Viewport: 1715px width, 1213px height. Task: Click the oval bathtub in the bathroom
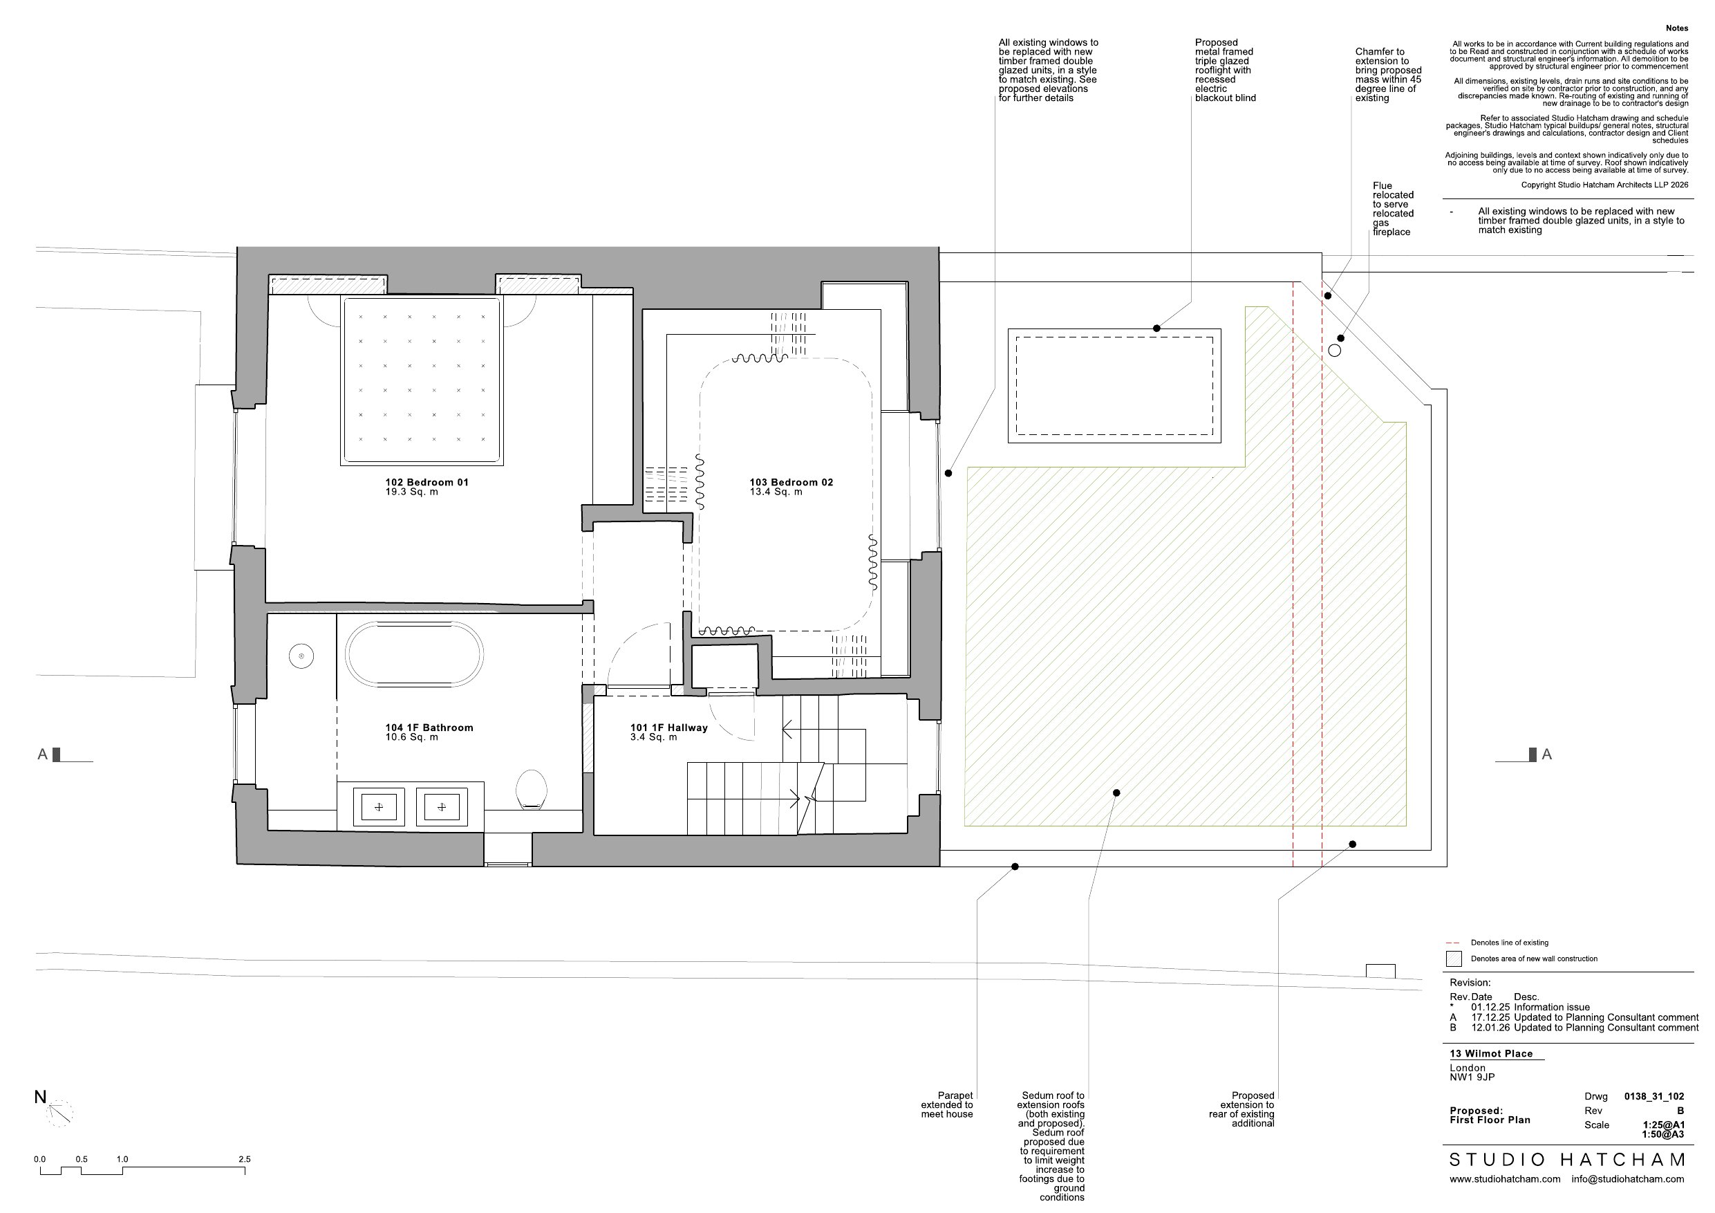pos(415,654)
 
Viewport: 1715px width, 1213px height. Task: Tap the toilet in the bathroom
pos(531,790)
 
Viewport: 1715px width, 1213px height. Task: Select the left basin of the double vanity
pos(379,806)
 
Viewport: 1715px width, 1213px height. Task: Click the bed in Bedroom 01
pos(422,380)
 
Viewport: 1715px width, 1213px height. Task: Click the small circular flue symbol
pos(1335,351)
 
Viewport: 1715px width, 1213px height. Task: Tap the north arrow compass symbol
pos(58,1113)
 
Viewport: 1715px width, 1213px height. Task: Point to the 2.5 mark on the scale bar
pos(244,1159)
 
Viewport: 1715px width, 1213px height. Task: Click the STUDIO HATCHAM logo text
pos(1567,1160)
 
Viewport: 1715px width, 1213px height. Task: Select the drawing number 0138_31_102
pos(1653,1096)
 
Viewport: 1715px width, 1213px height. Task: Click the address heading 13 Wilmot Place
pos(1491,1054)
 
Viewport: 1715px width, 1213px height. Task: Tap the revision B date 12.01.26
pos(1490,1028)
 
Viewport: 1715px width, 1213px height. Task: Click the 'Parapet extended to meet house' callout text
pos(947,1104)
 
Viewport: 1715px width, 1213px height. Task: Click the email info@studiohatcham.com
pos(1628,1178)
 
